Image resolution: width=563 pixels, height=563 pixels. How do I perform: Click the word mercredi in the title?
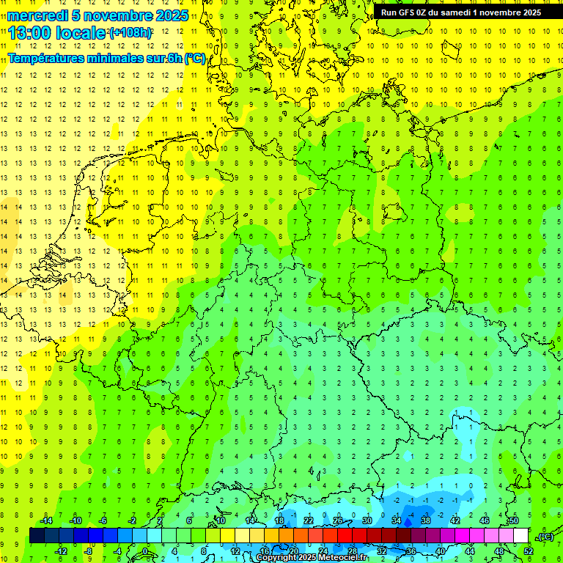tap(37, 15)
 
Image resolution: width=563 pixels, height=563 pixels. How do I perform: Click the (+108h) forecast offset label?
tap(130, 33)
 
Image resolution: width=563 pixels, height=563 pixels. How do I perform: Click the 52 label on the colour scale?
tap(529, 551)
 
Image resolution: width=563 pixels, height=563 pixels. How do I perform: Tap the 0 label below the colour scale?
tap(146, 551)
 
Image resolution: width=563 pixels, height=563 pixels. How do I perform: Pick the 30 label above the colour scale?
tap(367, 520)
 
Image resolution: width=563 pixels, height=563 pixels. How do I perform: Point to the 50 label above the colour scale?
tap(514, 520)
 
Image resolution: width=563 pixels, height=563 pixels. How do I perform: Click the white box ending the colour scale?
tap(521, 536)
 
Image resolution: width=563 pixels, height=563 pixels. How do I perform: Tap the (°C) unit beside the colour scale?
tap(545, 537)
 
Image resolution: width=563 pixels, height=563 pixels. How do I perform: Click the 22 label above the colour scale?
tap(309, 520)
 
